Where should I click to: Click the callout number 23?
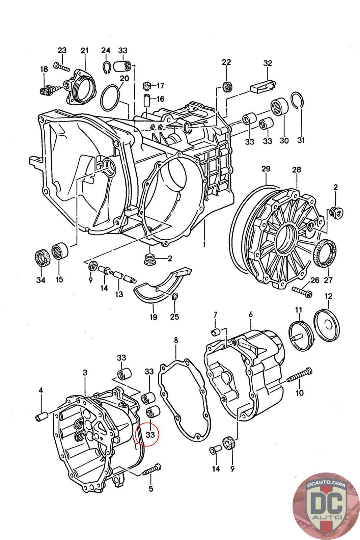[62, 50]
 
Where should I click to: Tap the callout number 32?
[268, 63]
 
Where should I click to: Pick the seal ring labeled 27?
[325, 253]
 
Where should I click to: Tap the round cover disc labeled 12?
[327, 325]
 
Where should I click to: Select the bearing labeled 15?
[60, 251]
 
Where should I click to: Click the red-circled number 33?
[150, 434]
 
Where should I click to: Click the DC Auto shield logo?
[326, 507]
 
